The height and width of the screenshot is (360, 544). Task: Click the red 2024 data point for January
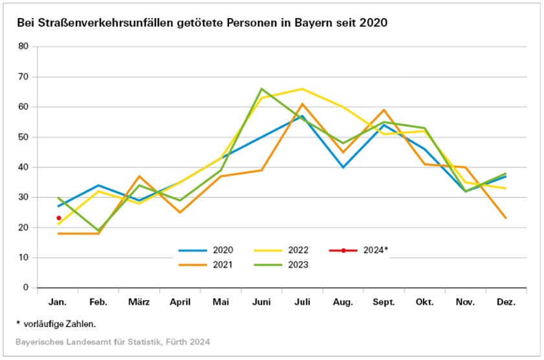59,218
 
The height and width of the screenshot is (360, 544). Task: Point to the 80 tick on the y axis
24,47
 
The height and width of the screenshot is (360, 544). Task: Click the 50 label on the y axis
24,137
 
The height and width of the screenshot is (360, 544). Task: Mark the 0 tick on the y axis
27,288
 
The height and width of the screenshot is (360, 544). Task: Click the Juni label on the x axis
261,302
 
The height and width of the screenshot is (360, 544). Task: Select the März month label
140,302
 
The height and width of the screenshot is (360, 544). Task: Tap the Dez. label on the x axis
505,302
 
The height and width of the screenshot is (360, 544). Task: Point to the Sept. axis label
384,302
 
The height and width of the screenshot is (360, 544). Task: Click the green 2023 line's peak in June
261,89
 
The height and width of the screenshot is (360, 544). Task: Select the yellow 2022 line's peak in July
302,89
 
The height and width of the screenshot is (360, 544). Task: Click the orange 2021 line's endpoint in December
505,218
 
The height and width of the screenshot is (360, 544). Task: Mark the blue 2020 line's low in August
343,167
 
